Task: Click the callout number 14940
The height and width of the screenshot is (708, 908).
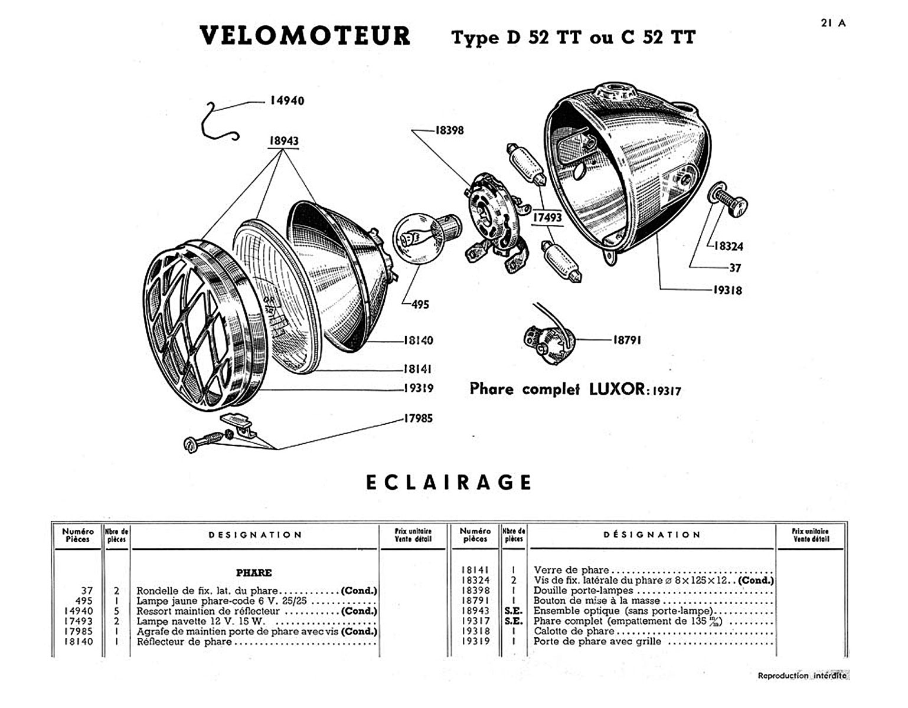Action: pos(287,101)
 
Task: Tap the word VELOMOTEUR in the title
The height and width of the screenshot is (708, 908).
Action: pos(305,36)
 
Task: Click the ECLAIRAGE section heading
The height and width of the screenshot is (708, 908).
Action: pos(449,483)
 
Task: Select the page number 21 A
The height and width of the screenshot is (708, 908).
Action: pos(833,23)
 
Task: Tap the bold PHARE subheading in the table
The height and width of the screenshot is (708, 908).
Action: pos(254,572)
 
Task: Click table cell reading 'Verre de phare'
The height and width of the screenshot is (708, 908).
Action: pos(571,570)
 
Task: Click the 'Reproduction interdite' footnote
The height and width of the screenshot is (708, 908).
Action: pos(801,676)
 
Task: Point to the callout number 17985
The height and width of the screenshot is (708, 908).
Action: pos(418,418)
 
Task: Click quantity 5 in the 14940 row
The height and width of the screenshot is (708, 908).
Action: pos(117,611)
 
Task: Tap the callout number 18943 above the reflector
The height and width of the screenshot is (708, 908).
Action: pos(284,141)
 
